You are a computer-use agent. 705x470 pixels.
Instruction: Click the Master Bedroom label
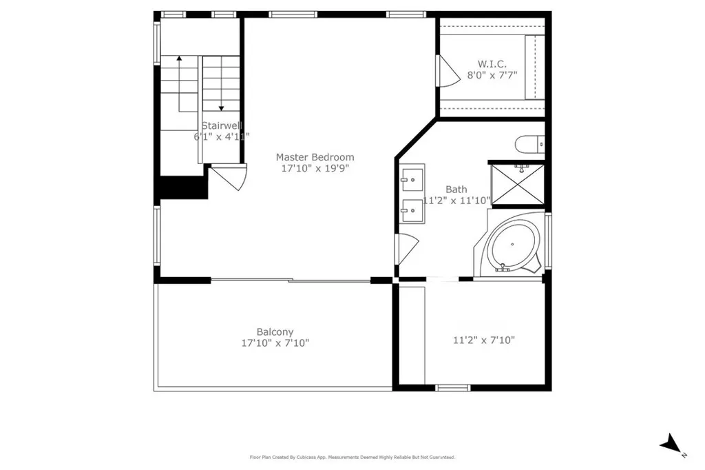[315, 157]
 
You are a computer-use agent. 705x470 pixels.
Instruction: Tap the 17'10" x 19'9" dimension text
[315, 168]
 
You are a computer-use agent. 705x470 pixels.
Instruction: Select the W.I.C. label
[492, 63]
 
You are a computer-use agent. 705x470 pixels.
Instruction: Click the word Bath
[456, 190]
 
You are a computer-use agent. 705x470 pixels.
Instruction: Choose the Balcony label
[275, 331]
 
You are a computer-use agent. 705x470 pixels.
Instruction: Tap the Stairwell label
[221, 126]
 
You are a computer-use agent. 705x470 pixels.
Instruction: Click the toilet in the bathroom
[529, 145]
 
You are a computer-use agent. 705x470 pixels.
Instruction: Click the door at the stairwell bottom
[229, 177]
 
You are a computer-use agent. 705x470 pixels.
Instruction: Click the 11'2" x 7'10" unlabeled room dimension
[484, 340]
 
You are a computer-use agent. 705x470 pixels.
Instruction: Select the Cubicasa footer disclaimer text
[352, 457]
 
